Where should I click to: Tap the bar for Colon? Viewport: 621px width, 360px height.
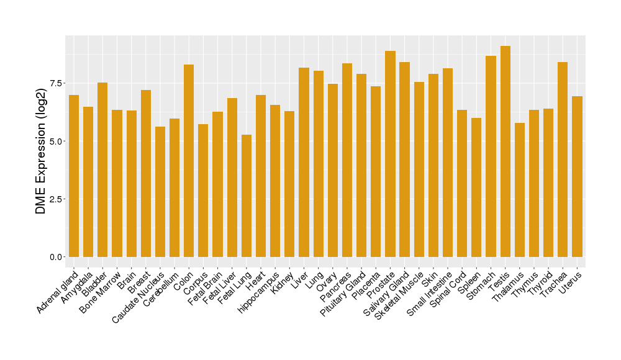tap(189, 161)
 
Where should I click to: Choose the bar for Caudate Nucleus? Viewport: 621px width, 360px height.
tap(160, 192)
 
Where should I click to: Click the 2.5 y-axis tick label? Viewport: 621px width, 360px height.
tap(56, 199)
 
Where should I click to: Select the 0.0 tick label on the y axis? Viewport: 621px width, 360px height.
tap(56, 257)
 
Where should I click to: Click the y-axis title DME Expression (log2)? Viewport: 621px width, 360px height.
tap(41, 151)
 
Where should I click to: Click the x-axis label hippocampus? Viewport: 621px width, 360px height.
tap(259, 292)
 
